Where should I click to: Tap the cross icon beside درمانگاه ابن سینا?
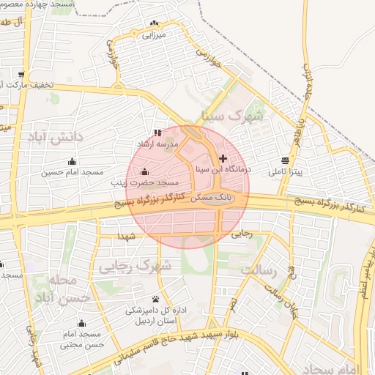223,158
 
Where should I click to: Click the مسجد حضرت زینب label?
142,182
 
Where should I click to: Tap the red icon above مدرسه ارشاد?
158,133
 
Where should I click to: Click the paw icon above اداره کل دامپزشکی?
156,299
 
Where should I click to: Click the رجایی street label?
241,235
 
